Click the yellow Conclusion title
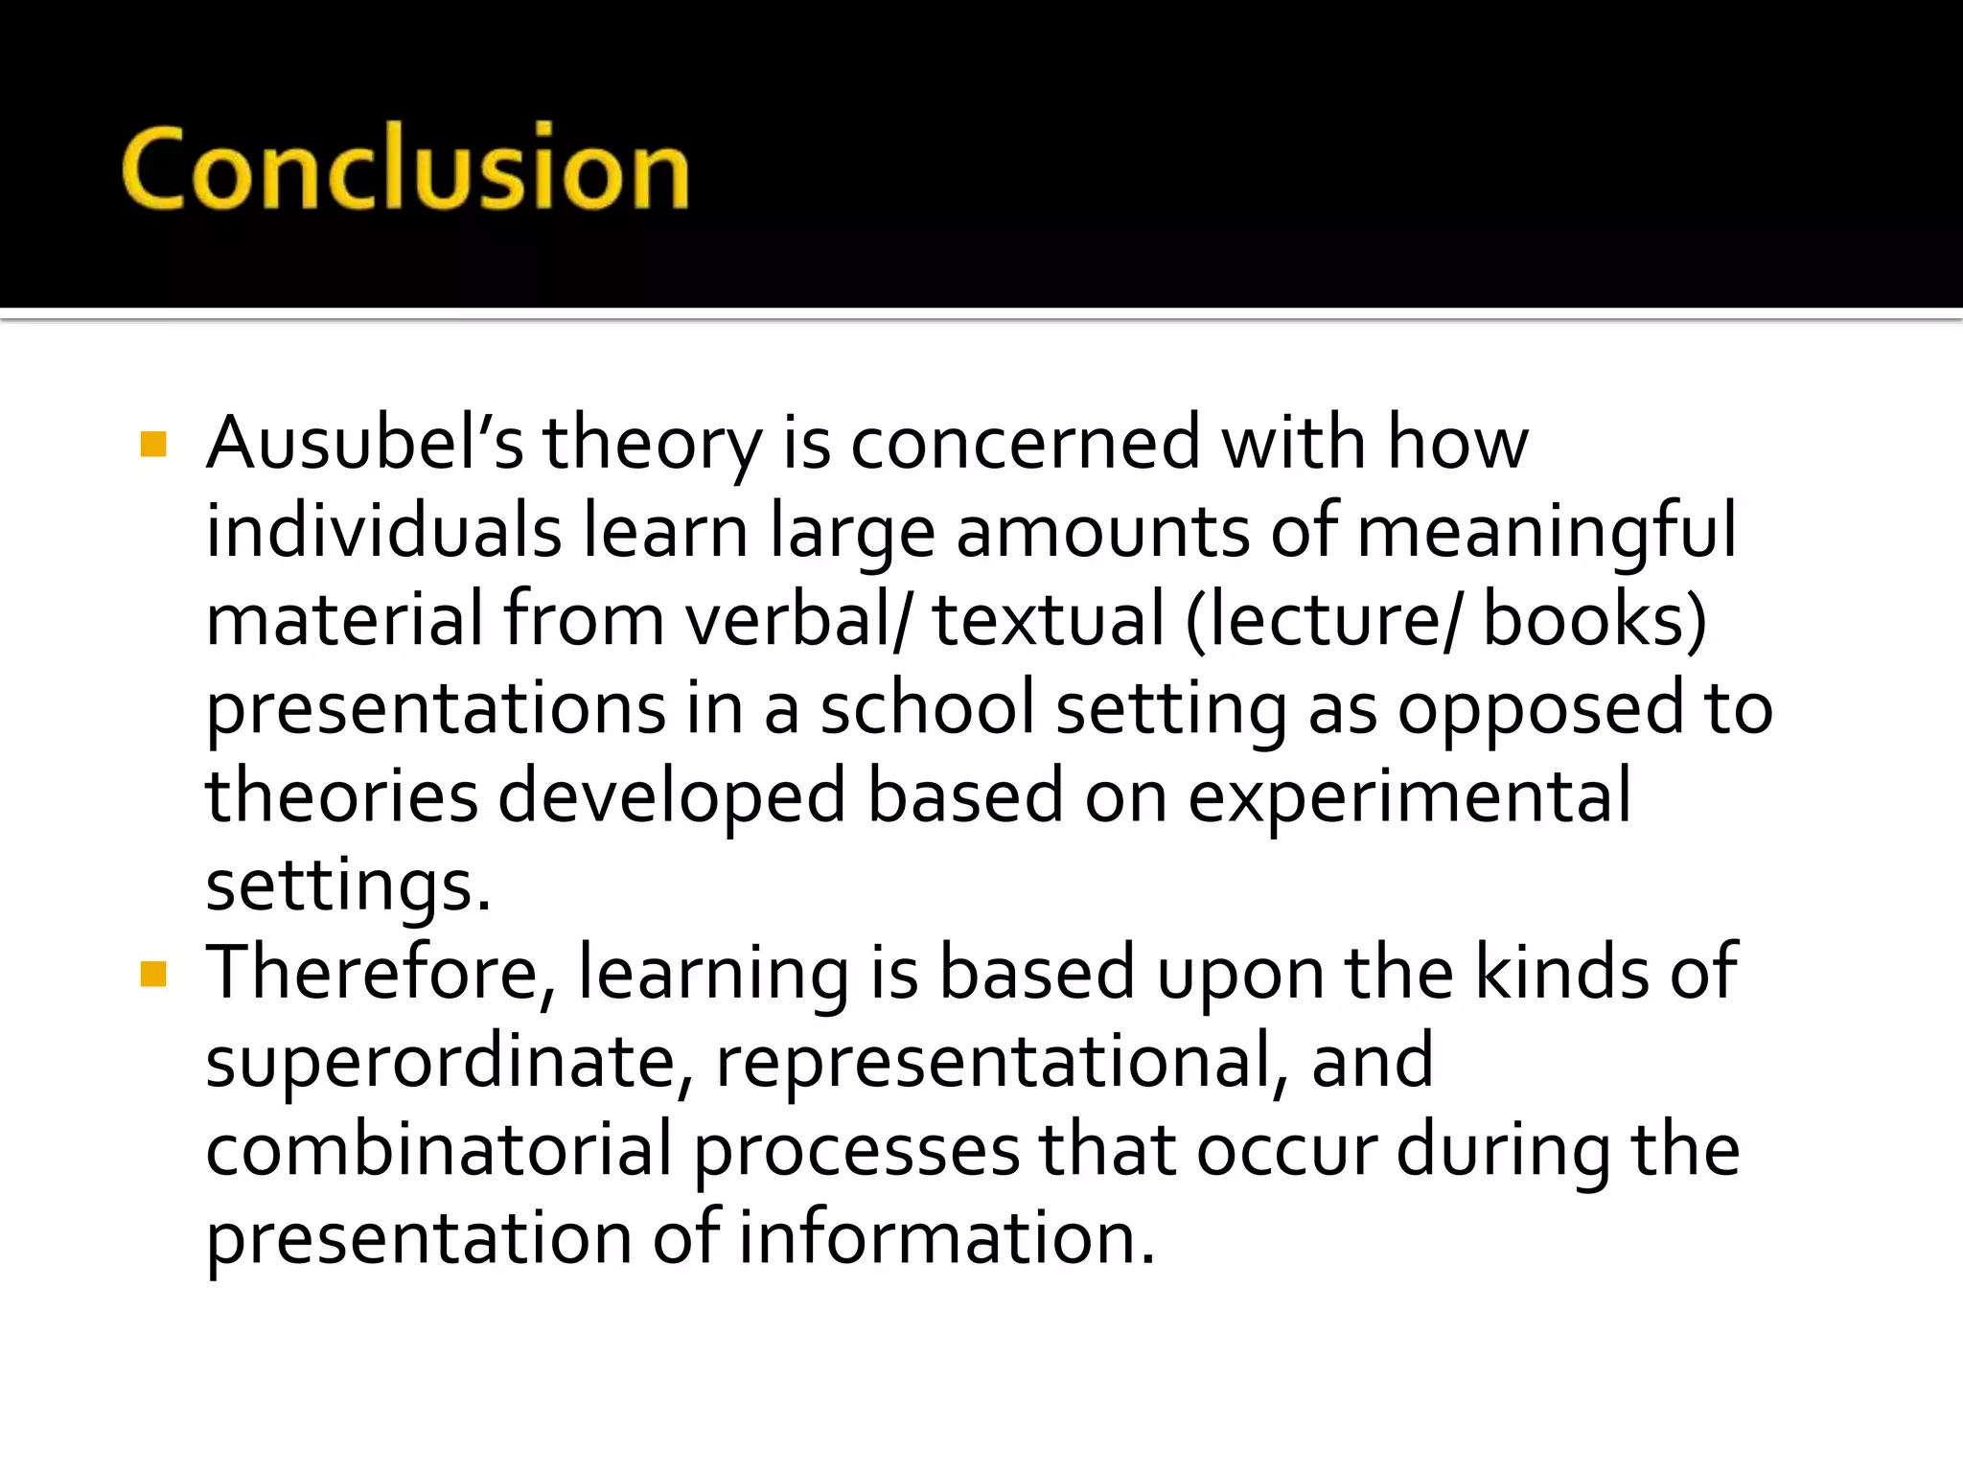[405, 168]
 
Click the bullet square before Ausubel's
[153, 445]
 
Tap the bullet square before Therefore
[153, 975]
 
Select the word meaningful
[1546, 532]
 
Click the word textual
[1049, 620]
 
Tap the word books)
[1595, 620]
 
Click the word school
[927, 708]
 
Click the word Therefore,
[381, 973]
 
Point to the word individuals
[383, 532]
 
